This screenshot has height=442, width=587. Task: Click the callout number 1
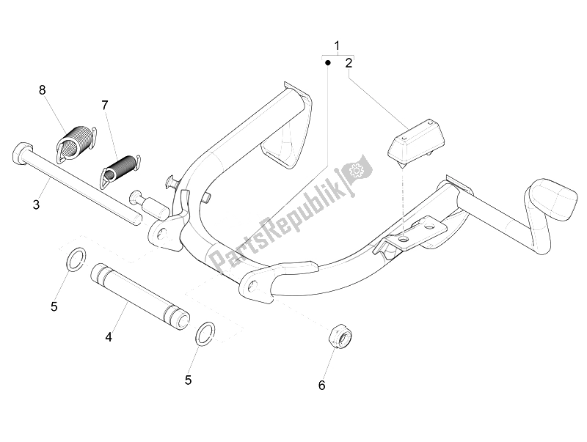click(x=337, y=46)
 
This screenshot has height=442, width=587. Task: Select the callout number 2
click(x=349, y=63)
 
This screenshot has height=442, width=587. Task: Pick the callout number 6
click(x=320, y=384)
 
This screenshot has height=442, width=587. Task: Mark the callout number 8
click(x=42, y=90)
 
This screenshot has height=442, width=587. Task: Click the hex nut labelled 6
click(x=340, y=338)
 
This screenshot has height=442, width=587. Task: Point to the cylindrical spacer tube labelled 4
click(x=139, y=295)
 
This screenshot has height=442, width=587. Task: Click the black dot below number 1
click(x=328, y=63)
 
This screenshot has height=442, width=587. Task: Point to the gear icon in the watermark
click(x=358, y=171)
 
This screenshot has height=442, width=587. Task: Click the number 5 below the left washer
click(x=54, y=306)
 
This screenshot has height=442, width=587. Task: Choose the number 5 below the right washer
click(x=188, y=380)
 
